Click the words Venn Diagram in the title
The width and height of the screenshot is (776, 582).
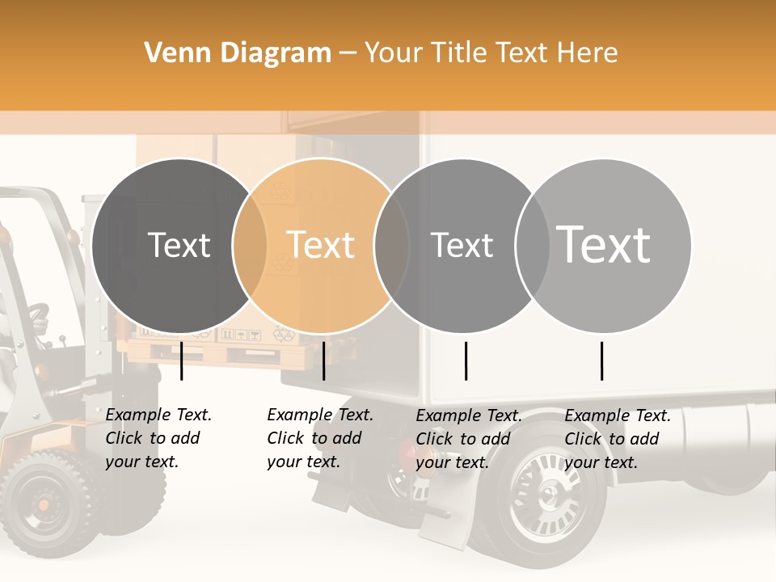238,53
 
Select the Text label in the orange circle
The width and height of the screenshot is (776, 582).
321,245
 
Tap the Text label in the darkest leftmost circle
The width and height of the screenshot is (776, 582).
179,245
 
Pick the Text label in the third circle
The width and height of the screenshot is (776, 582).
462,245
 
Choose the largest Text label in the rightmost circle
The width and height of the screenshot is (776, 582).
604,245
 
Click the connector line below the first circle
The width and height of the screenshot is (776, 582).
182,361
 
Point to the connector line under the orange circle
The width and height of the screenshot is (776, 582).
323,361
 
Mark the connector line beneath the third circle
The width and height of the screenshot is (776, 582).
466,361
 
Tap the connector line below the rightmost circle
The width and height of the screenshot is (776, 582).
602,361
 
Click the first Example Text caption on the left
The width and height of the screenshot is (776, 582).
158,438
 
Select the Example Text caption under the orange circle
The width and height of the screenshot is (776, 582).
320,438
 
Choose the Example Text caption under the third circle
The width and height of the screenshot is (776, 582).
469,439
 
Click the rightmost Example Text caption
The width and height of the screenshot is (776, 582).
618,439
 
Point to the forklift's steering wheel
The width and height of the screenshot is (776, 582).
36,312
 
